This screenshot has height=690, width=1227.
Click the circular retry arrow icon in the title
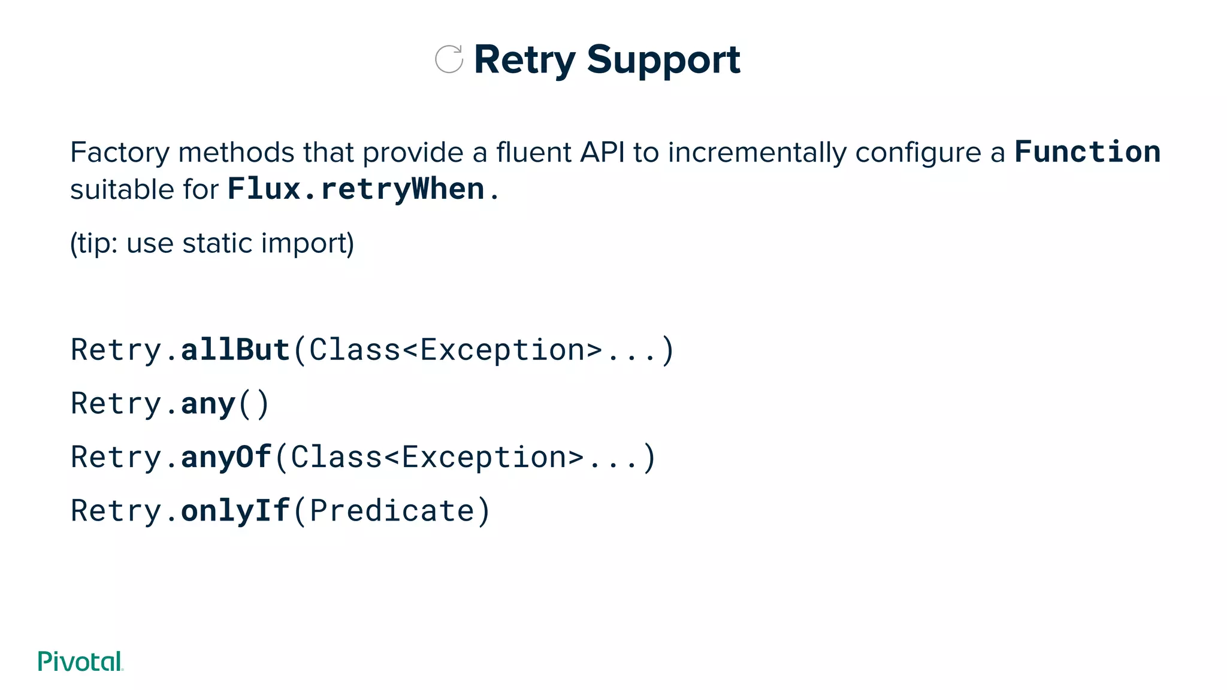(449, 59)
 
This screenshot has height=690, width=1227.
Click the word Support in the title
(663, 60)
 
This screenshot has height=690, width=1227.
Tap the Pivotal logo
(80, 661)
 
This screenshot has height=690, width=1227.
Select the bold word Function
(1087, 152)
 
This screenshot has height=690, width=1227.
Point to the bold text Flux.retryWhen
(356, 189)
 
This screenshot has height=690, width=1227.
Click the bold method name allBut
(235, 350)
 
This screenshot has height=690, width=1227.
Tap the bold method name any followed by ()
(208, 404)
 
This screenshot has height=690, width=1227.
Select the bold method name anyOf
(226, 458)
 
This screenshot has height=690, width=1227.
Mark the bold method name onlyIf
(235, 511)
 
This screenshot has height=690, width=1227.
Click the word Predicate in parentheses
(392, 511)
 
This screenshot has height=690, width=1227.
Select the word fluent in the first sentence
(533, 153)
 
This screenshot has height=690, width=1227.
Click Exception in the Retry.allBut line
(502, 350)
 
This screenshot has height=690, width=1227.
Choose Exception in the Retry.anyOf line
(484, 458)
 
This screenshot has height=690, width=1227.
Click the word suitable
(122, 190)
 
